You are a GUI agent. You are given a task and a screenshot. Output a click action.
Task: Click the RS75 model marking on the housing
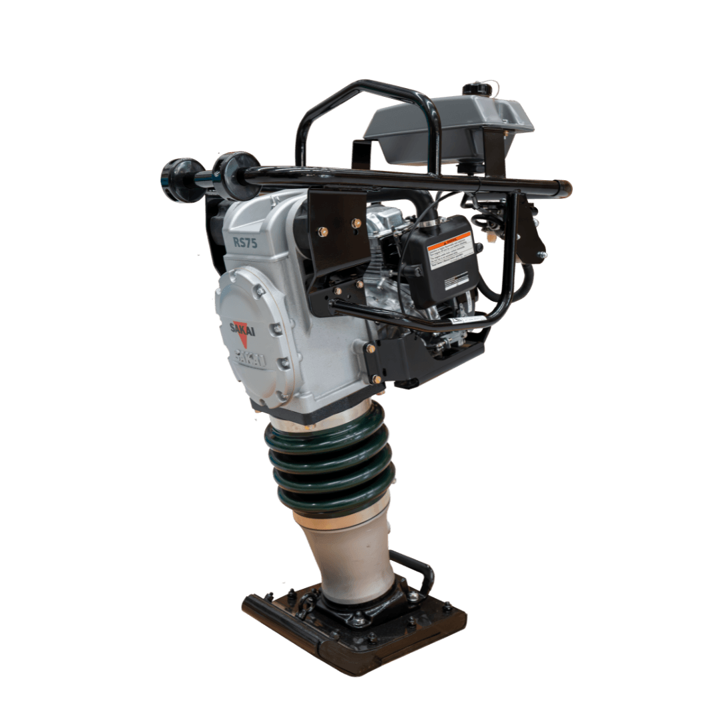click(245, 243)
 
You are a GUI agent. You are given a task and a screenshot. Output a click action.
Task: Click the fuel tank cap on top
click(475, 88)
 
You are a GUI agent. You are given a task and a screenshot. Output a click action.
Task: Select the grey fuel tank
click(447, 127)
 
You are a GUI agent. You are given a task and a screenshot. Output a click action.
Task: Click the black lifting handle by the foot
click(417, 567)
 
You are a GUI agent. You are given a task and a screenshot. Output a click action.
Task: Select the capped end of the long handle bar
click(565, 189)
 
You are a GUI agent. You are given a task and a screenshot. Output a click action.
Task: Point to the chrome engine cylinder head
click(384, 220)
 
